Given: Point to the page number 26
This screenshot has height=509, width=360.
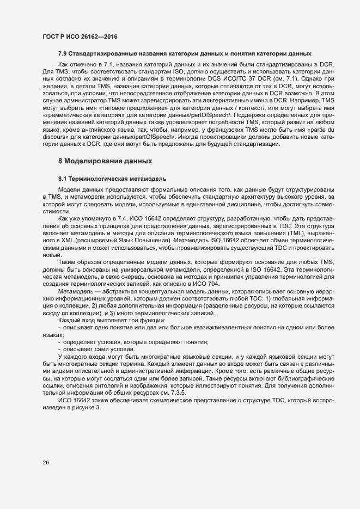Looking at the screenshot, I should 46,463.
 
